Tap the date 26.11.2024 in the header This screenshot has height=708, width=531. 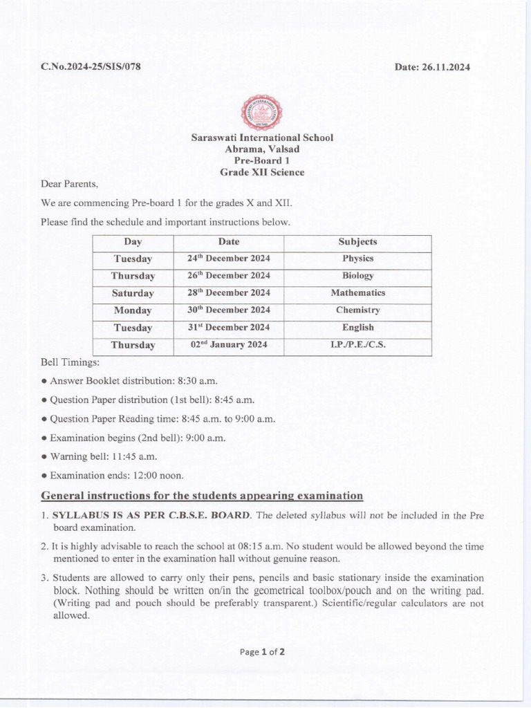[x=432, y=67]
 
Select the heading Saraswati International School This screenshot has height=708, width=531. [x=262, y=138]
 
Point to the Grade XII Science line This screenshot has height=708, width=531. [x=262, y=172]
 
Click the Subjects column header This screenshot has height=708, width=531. [x=357, y=242]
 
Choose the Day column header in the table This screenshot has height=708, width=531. [x=133, y=242]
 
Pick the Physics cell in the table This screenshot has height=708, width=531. [x=357, y=259]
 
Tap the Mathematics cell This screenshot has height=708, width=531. [x=357, y=293]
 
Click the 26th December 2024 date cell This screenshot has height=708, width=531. [x=229, y=276]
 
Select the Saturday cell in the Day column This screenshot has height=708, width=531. [x=133, y=293]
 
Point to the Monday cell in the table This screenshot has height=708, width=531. [x=133, y=310]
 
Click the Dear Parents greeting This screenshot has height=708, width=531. [x=70, y=185]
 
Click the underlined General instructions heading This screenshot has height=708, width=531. [x=202, y=496]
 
